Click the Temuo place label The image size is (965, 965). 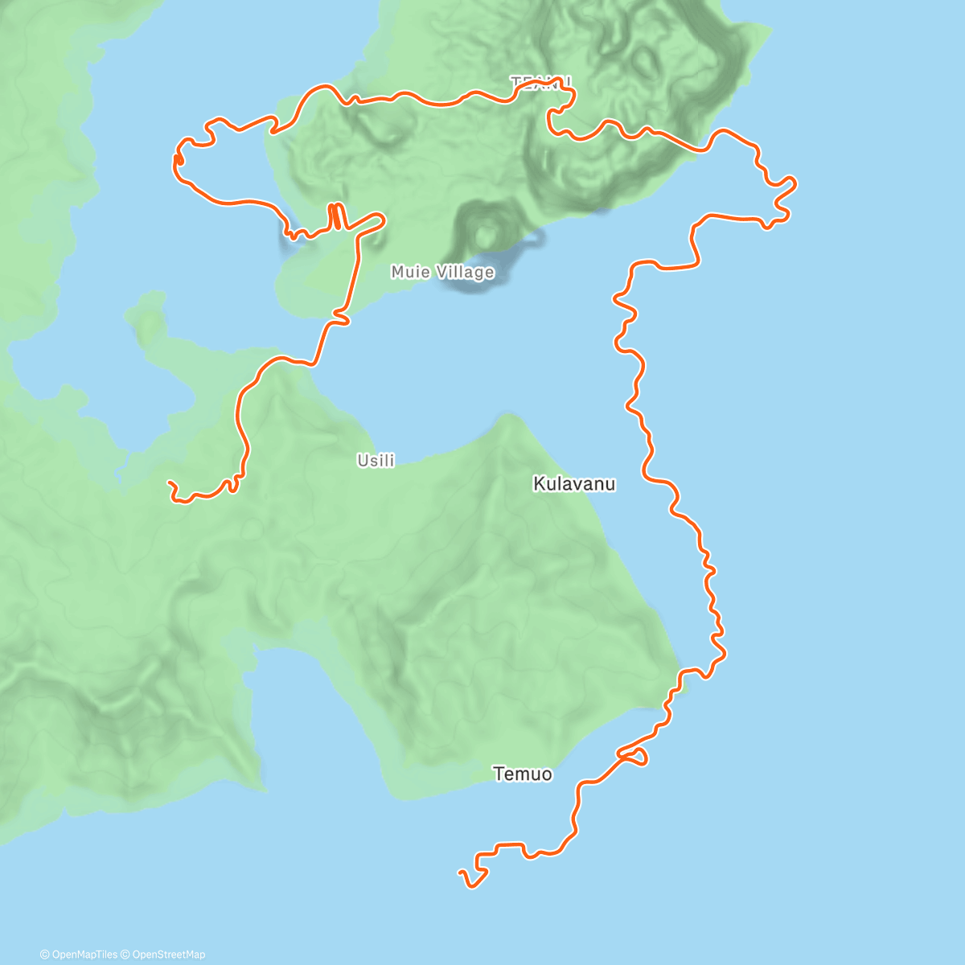click(523, 774)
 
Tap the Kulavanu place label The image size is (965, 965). click(574, 483)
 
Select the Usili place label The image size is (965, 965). click(376, 461)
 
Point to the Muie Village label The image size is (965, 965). click(442, 273)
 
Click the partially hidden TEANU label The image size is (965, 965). click(540, 81)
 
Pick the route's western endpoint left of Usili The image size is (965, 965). click(169, 483)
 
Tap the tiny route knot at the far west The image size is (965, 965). click(178, 160)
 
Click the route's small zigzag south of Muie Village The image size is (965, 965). click(341, 320)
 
